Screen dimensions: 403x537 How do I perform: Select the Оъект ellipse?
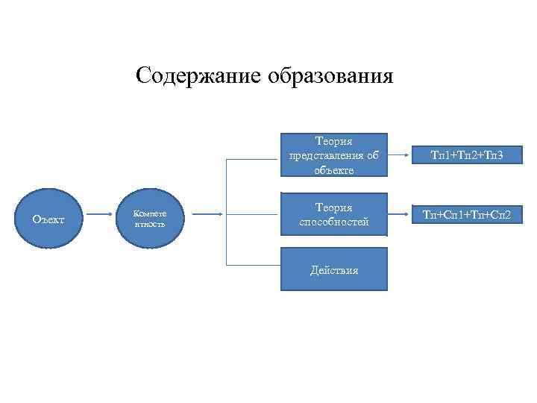coord(48,219)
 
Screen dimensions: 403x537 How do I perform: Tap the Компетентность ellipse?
coord(149,217)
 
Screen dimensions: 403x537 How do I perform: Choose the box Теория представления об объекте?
coord(333,155)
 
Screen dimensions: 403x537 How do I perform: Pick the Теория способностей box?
coord(333,214)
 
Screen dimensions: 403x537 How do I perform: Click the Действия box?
coord(333,269)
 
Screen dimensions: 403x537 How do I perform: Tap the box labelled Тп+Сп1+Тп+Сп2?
coord(466,215)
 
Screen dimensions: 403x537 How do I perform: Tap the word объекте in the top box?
coord(333,169)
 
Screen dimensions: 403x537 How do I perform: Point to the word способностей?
coord(333,222)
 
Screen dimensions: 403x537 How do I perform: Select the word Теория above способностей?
coord(333,207)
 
